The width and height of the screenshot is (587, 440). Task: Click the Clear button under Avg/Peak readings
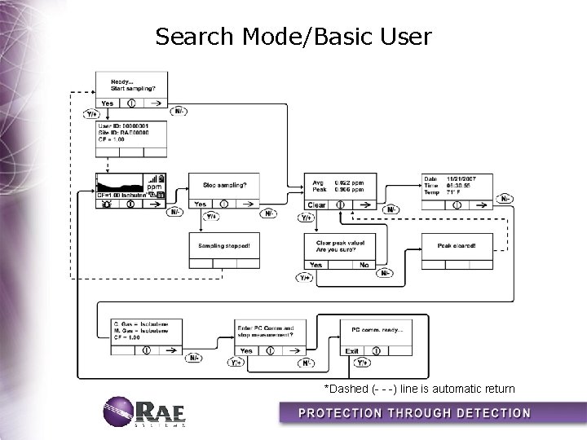[317, 205]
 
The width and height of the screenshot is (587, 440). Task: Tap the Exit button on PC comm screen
[352, 351]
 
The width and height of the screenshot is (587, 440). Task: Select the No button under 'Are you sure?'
[364, 265]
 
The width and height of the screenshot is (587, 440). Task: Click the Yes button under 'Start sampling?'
[108, 103]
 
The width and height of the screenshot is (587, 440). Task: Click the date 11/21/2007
[458, 178]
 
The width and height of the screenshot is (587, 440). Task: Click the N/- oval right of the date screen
[506, 199]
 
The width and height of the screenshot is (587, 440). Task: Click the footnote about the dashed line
[419, 389]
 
